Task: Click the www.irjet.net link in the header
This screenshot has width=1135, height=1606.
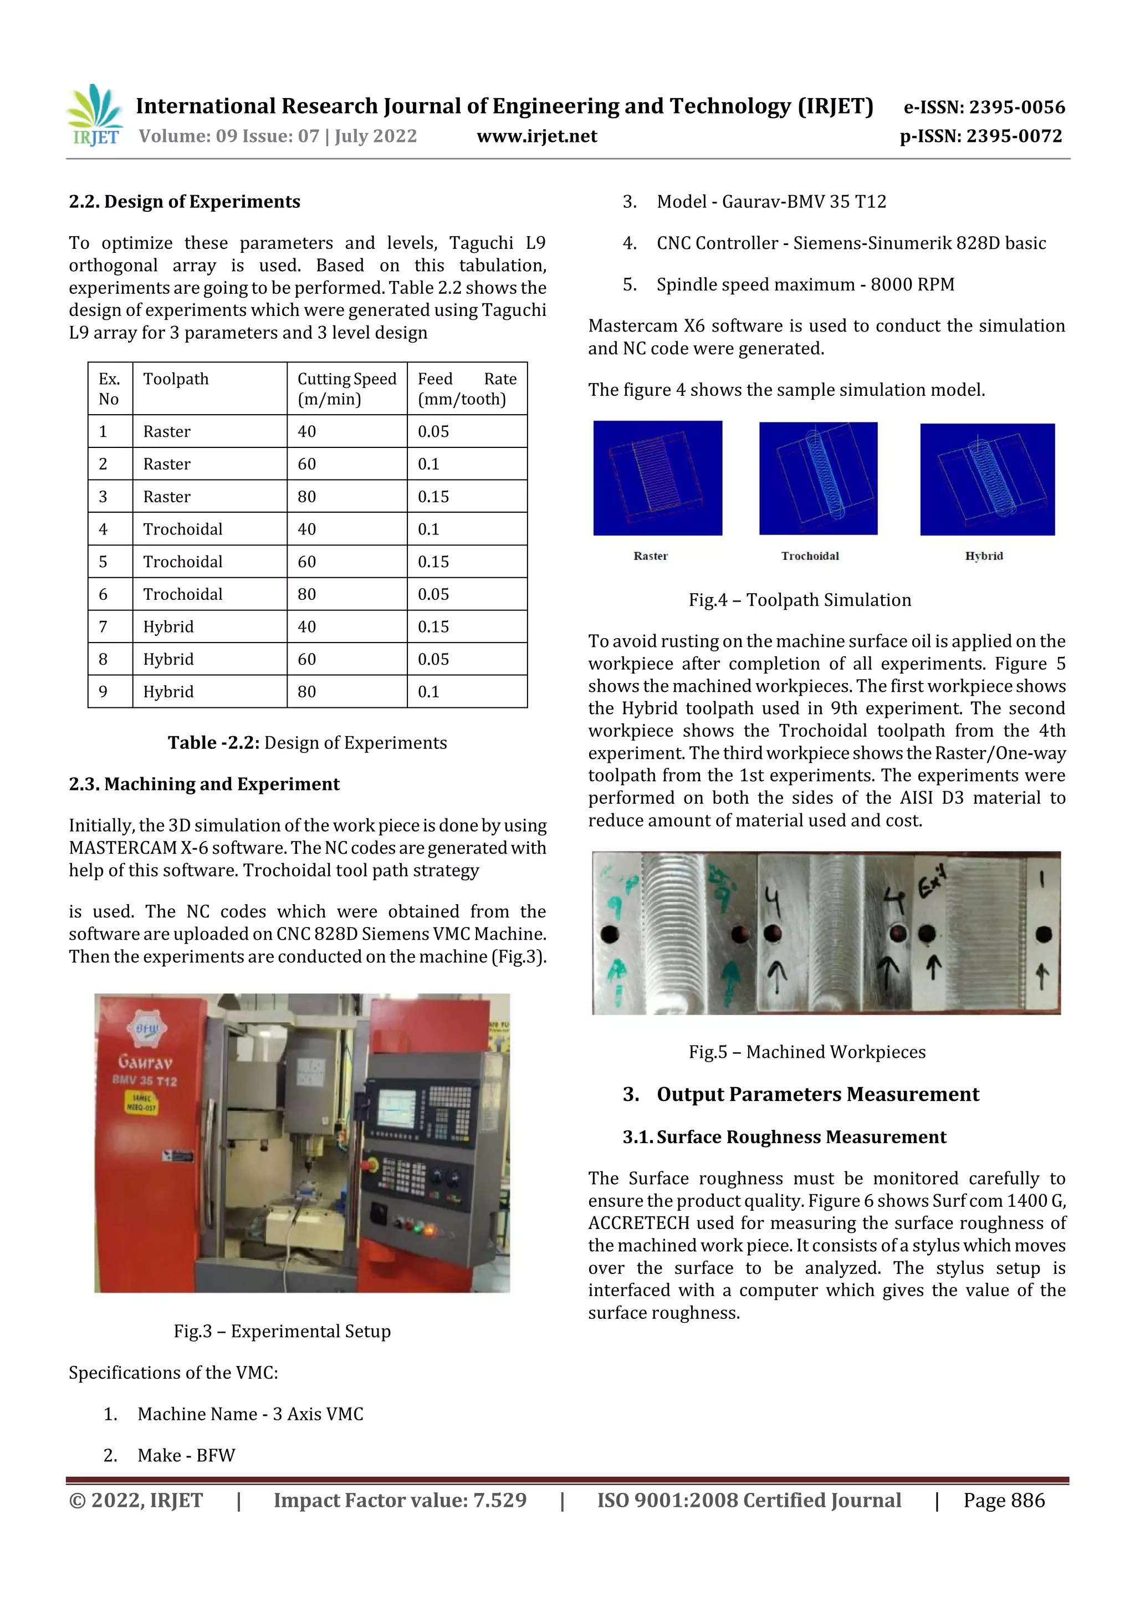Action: [x=536, y=136]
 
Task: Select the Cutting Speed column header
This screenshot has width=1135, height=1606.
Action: [x=346, y=389]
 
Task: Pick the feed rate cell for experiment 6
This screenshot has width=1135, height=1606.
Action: [x=467, y=594]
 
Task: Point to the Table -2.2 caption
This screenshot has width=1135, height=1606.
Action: [x=307, y=743]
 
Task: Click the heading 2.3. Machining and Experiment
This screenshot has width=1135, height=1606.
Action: [x=203, y=784]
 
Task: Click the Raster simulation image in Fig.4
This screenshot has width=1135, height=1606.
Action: [x=657, y=478]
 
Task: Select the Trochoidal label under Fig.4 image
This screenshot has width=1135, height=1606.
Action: [x=810, y=556]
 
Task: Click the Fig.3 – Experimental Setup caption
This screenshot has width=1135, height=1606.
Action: [x=282, y=1331]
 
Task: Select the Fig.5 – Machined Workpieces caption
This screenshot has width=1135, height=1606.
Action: [x=806, y=1052]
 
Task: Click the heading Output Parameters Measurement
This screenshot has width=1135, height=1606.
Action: [x=817, y=1095]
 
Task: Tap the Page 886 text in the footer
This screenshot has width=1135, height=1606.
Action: [x=1004, y=1500]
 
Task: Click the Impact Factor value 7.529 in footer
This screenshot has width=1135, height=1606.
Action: [x=400, y=1500]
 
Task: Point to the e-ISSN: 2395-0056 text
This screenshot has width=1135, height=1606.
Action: [x=984, y=107]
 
